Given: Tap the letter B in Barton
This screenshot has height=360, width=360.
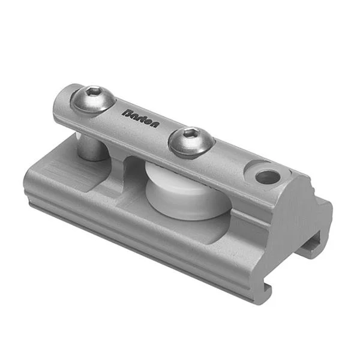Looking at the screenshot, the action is [x=127, y=113].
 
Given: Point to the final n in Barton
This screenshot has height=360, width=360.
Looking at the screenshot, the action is [x=155, y=124].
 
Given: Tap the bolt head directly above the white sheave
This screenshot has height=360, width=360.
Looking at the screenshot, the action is [x=191, y=143].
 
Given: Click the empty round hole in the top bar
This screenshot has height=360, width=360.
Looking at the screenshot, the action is [x=268, y=177].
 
